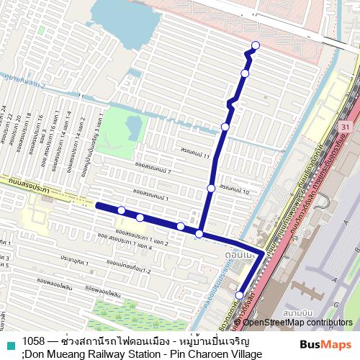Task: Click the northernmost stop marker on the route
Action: click(x=255, y=47)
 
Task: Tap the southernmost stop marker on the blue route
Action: click(x=239, y=295)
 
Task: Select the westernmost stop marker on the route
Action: click(x=122, y=210)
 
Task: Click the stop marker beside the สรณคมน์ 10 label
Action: click(x=211, y=189)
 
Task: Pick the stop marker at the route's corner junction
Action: click(x=199, y=233)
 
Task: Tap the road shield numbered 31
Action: click(x=346, y=127)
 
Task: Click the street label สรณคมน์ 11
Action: click(x=195, y=154)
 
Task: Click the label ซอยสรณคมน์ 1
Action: click(x=150, y=194)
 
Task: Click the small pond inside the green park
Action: click(x=133, y=127)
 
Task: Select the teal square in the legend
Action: click(x=10, y=346)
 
